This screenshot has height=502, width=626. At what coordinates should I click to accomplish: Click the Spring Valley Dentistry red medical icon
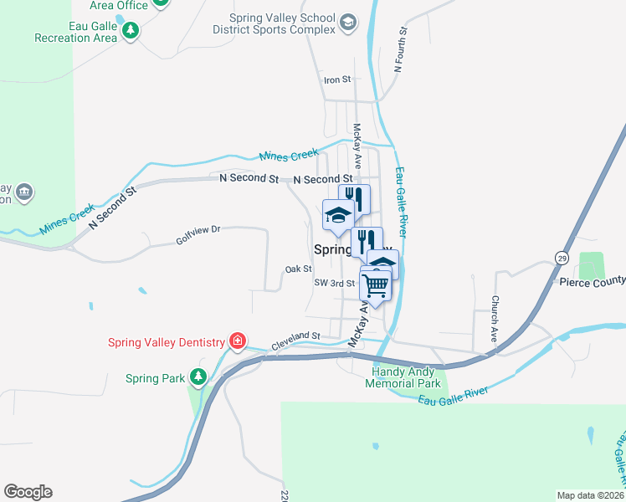[x=239, y=341]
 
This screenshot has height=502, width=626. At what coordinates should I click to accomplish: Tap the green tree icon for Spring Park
[x=198, y=378]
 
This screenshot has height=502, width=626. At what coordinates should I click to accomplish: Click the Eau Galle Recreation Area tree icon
[x=130, y=31]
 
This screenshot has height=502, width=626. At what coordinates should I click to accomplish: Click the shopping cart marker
[x=376, y=285]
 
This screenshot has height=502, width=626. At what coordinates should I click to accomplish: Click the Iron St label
[x=336, y=80]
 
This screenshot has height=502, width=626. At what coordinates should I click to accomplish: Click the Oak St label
[x=298, y=269]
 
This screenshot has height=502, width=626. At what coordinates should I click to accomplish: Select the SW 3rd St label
[x=335, y=284]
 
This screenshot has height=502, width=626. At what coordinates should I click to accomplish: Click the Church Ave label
[x=495, y=311]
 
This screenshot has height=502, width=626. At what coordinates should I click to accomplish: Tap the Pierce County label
[x=592, y=282]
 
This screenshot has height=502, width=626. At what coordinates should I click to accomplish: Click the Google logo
[x=28, y=492]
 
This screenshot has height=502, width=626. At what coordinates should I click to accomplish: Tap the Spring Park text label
[x=155, y=379]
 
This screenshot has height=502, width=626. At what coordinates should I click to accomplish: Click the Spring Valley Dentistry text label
[x=167, y=342]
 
